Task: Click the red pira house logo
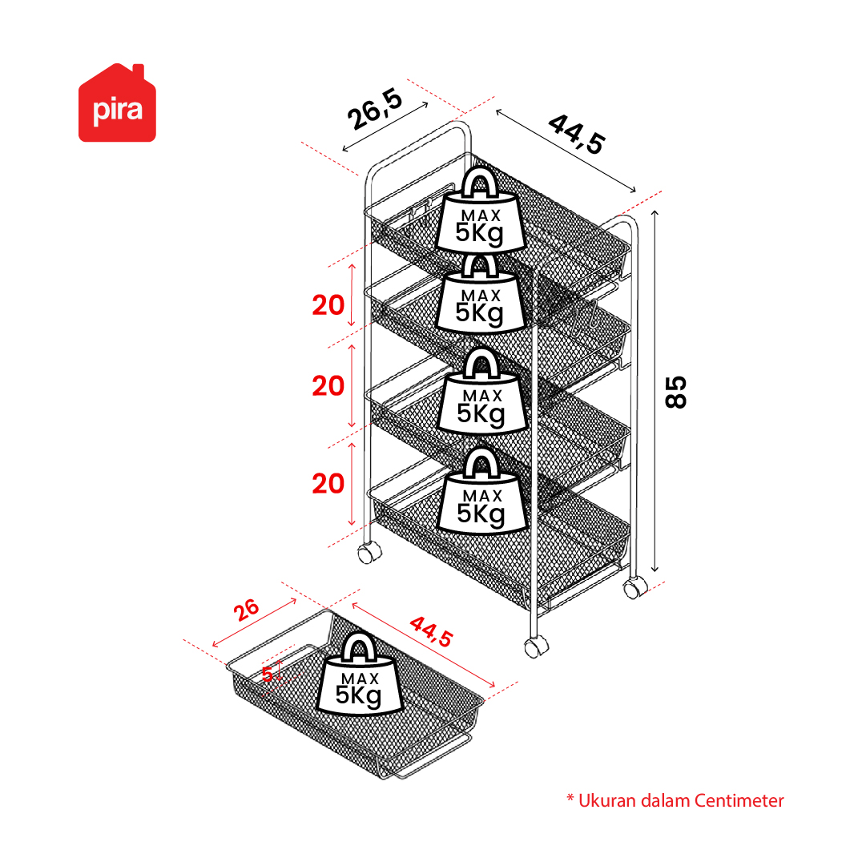(117, 103)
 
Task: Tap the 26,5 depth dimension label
(375, 110)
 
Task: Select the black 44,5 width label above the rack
(577, 135)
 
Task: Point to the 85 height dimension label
(676, 392)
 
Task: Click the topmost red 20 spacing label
(328, 305)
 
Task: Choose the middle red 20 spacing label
(328, 386)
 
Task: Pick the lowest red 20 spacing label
(328, 484)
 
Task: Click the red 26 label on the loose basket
(246, 610)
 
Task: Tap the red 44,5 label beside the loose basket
(431, 632)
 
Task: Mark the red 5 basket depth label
(268, 675)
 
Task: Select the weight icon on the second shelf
(481, 293)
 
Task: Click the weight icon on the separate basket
(360, 674)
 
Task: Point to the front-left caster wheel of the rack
(369, 553)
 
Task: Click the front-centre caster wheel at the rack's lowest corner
(536, 646)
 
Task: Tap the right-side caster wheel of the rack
(635, 588)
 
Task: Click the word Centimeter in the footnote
(739, 801)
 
